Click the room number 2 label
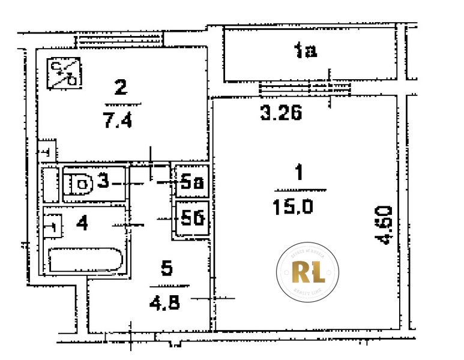(121, 88)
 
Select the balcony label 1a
(306, 52)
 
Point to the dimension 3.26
(280, 112)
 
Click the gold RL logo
(308, 272)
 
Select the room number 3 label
(103, 182)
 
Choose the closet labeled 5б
(191, 219)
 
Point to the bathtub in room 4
(85, 260)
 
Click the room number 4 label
(83, 224)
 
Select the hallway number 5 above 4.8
(167, 268)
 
